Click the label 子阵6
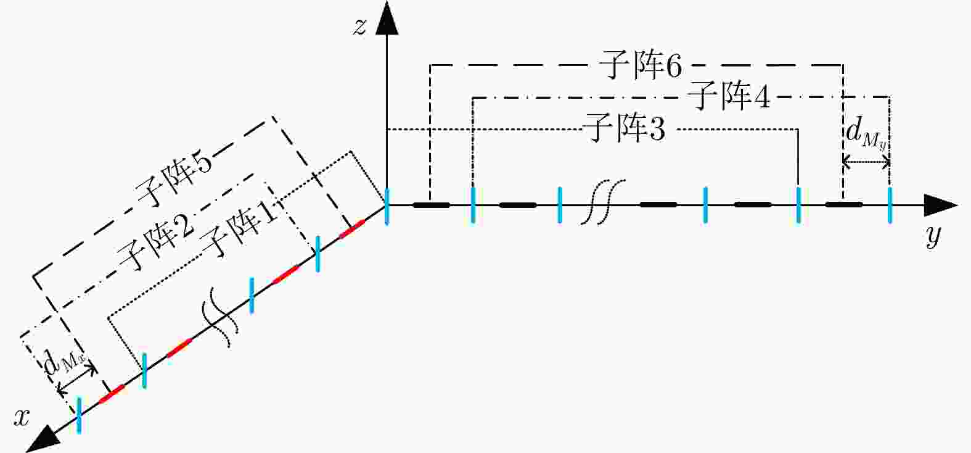click(641, 65)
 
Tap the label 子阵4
click(729, 96)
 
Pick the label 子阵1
click(240, 229)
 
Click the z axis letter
click(359, 27)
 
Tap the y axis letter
click(933, 236)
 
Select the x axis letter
click(22, 418)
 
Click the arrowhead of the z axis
click(387, 17)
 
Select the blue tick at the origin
click(387, 207)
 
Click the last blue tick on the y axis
click(890, 206)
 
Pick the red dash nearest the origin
click(351, 229)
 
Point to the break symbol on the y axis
click(602, 201)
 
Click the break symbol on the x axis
click(220, 317)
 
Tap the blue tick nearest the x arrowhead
click(79, 415)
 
